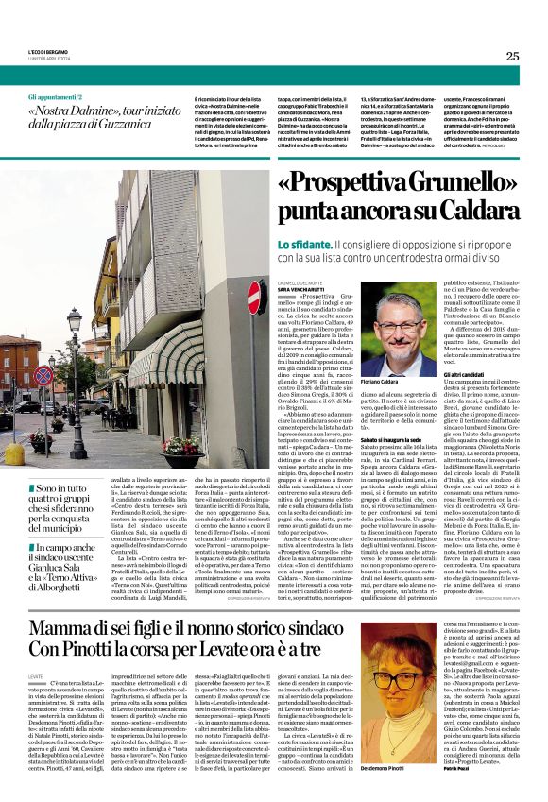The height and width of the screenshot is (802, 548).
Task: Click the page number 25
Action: pyautogui.click(x=512, y=56)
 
